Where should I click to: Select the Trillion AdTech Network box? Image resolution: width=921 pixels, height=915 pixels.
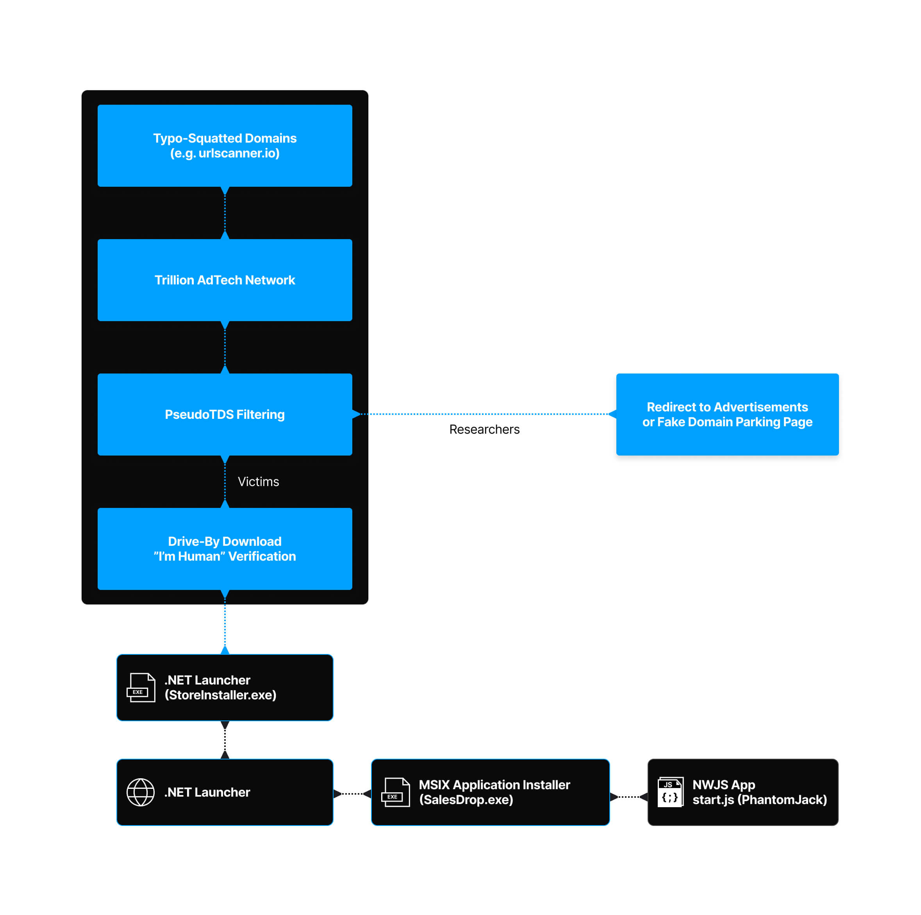225,280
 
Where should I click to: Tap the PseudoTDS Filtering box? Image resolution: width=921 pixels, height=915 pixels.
225,415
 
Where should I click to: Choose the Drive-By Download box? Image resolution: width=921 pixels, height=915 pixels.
225,549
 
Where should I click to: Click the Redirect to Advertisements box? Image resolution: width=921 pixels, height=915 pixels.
727,415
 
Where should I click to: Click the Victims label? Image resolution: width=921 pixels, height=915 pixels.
259,482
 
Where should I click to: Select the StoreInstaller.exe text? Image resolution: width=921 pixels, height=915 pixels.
221,695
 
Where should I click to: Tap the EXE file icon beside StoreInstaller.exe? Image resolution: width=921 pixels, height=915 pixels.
141,688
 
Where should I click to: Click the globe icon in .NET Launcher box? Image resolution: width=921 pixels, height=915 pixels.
141,792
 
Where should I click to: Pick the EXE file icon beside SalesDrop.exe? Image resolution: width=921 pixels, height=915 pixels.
395,792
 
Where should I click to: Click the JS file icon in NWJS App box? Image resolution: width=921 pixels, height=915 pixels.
670,792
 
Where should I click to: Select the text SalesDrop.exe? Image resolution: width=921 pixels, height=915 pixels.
466,800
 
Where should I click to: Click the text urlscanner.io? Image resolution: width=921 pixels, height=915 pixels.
238,154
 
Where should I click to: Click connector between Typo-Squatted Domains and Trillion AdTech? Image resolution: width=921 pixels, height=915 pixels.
225,213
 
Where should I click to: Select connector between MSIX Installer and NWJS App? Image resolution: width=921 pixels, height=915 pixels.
629,797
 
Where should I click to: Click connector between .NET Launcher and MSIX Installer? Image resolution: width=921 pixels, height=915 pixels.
352,794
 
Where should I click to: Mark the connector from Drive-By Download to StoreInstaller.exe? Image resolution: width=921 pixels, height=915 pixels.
225,622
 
